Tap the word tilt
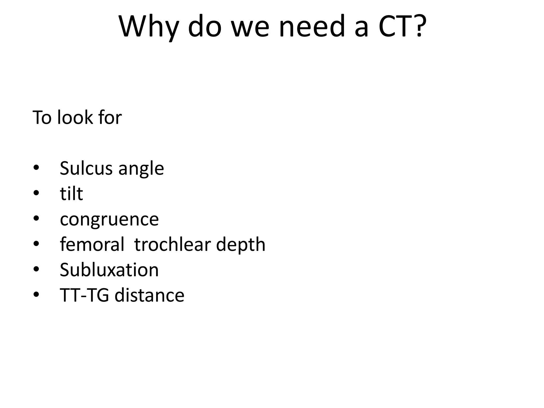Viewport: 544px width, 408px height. tap(71, 193)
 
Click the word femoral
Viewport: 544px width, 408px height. tap(92, 244)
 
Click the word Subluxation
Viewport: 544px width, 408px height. tap(109, 270)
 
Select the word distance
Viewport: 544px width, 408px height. tap(149, 295)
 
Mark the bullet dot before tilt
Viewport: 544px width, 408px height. tap(36, 193)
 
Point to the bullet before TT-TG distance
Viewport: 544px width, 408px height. tap(36, 295)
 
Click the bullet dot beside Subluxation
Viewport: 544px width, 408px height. tap(36, 269)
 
